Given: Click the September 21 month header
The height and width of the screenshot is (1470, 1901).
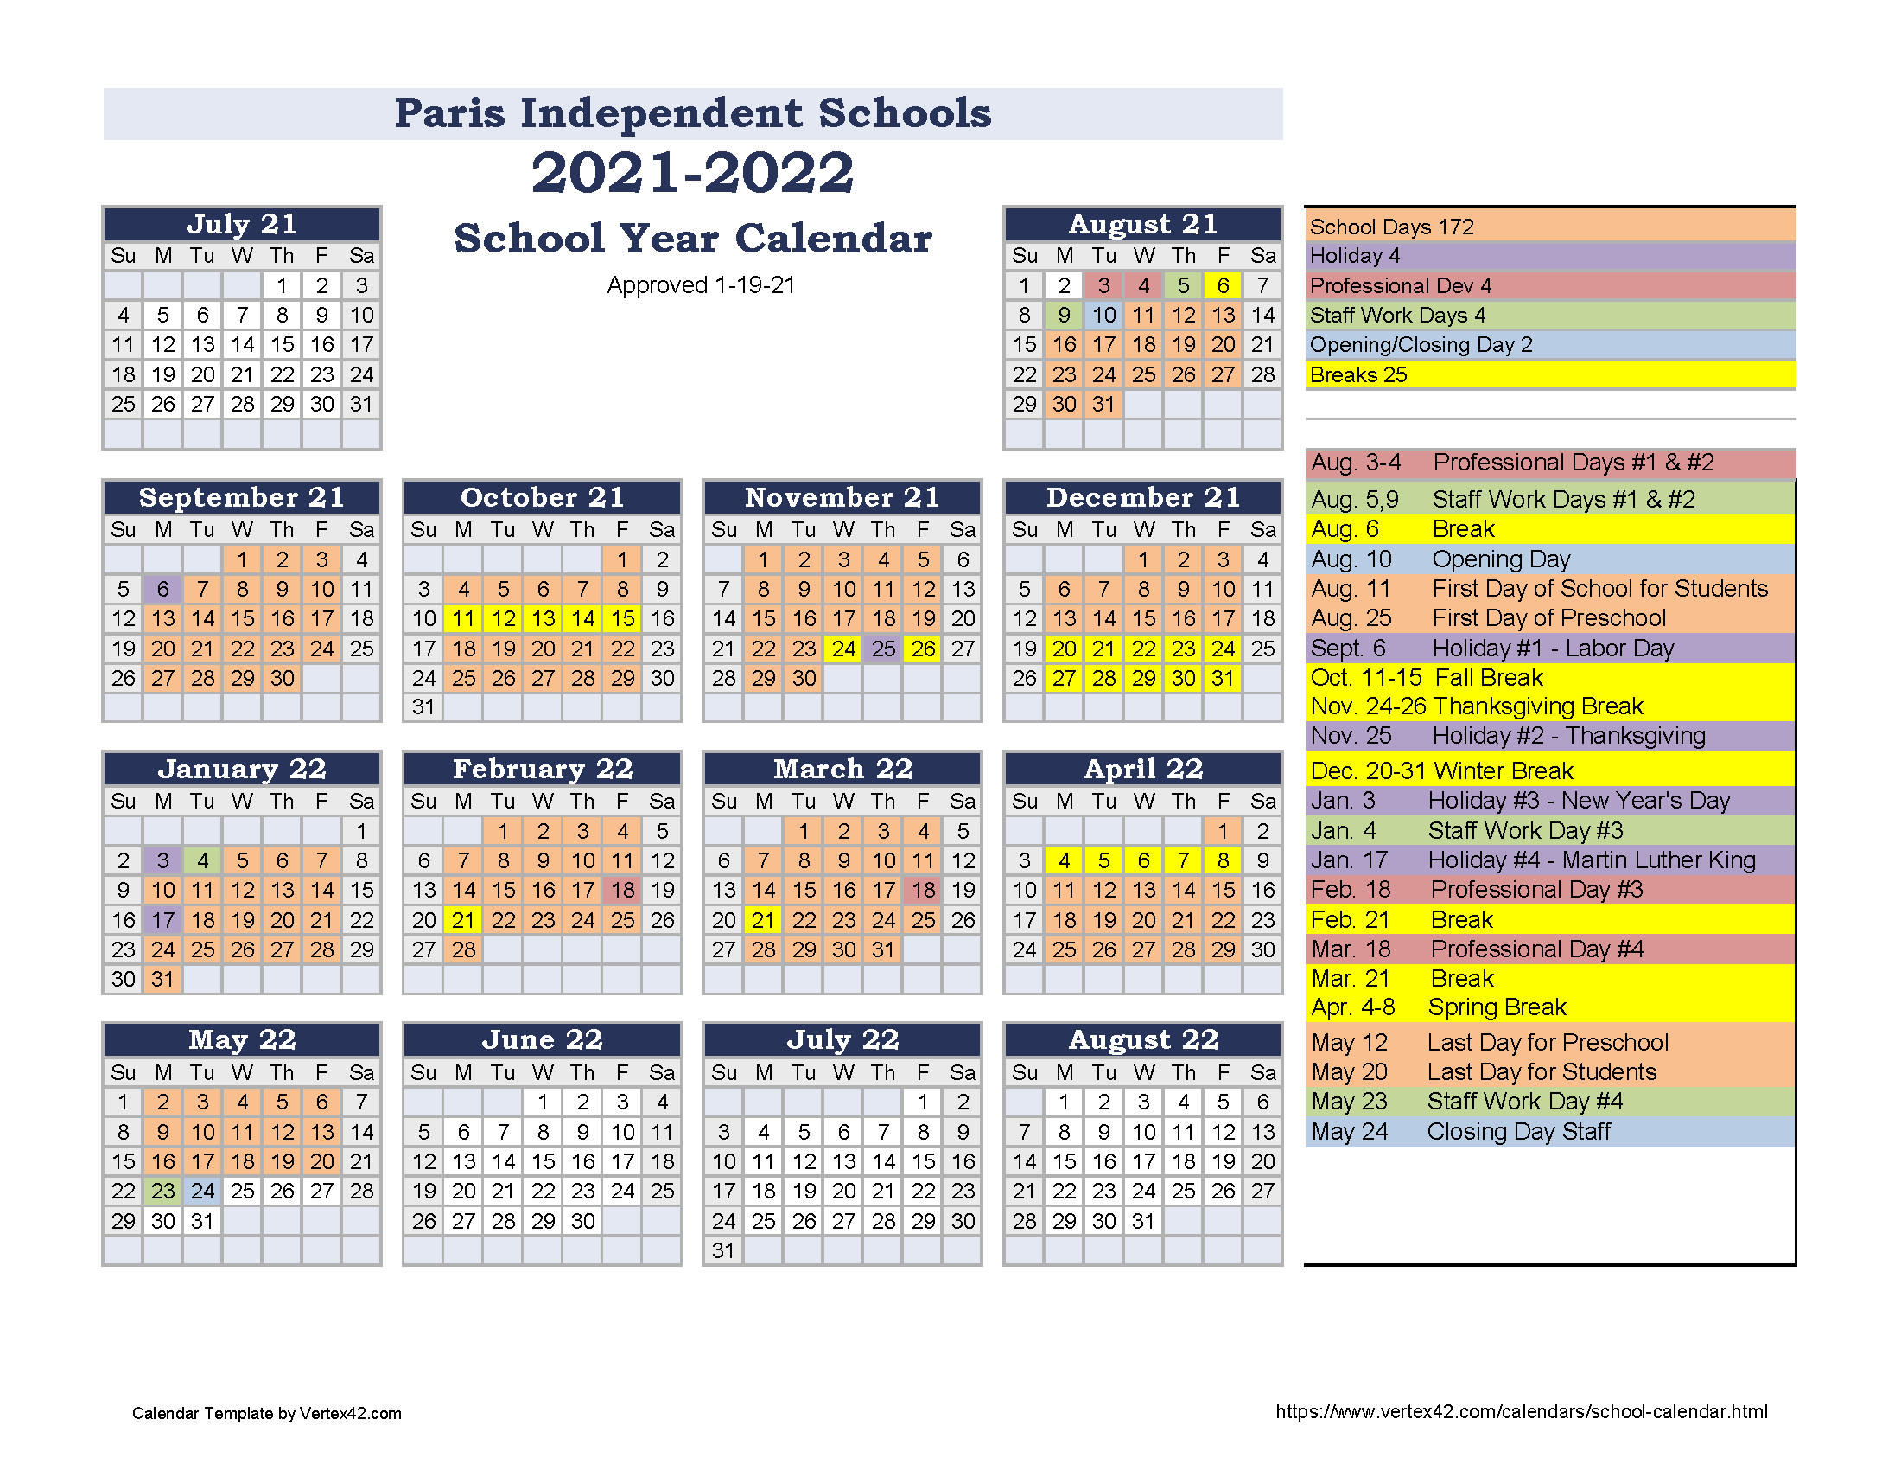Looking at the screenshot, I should coord(241,497).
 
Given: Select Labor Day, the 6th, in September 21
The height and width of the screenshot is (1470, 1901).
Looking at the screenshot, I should coord(162,590).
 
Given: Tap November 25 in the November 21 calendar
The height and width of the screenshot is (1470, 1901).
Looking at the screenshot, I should coord(883,649).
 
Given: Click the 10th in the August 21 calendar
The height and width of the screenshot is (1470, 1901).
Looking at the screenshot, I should coord(1103,316).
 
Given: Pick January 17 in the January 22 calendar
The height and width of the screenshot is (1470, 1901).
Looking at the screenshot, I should coord(162,921).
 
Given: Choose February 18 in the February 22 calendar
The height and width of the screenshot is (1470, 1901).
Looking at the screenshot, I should coord(622,890).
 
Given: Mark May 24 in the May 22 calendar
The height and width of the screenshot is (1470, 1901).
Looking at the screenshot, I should coord(203,1191).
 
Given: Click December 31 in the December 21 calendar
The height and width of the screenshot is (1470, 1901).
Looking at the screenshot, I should coord(1223,679).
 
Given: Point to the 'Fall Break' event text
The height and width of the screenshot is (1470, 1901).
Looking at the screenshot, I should coord(1489,678).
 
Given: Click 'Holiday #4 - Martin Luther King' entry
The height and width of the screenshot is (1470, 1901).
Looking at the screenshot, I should coord(1591,860).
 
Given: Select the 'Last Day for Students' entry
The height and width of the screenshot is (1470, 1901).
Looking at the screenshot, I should coord(1541,1072).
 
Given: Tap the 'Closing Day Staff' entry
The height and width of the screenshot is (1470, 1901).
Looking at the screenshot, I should coord(1518,1132).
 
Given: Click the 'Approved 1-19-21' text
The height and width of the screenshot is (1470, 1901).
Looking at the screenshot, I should coord(701,285).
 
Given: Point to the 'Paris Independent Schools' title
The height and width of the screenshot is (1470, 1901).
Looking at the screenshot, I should coord(693,113).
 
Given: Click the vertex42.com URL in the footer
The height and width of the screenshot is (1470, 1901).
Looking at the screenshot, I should coord(1521,1412).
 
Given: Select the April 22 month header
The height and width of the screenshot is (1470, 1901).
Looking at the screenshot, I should coord(1143,769).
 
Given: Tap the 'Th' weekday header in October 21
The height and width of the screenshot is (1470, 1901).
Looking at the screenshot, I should coord(582,529).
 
